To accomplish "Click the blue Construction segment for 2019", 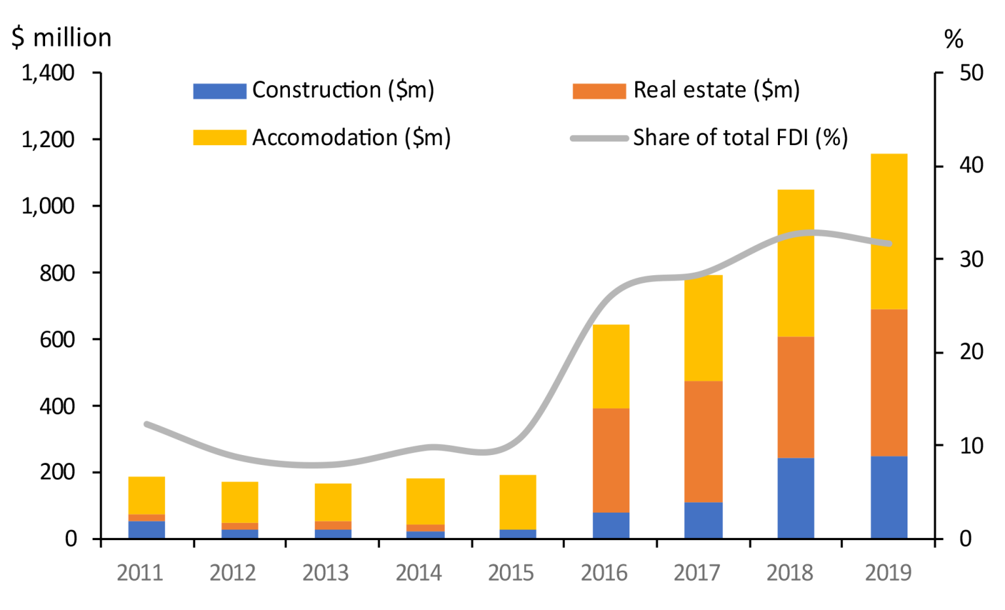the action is pos(889,497).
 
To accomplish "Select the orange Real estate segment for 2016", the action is pos(611,460).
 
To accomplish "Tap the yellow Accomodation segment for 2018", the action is pos(796,263).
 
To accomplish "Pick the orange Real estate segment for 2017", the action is pos(703,442).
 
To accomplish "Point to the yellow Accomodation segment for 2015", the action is pos(518,502).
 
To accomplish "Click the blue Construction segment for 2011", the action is pos(147,530).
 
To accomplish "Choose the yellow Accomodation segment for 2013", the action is pos(333,502).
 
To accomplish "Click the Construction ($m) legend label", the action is pos(344,90).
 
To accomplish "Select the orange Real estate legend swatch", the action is pos(599,91).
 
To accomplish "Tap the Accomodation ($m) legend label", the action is pos(351,137).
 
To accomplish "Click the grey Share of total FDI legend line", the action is pos(599,138).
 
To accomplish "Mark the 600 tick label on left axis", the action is pos(57,340).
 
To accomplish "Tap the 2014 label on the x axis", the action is pos(419,573).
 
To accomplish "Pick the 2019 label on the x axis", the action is pos(889,573).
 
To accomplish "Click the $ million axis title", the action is pos(62,38).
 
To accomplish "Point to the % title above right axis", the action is pos(954,39).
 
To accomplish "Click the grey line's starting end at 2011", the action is pos(147,424).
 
